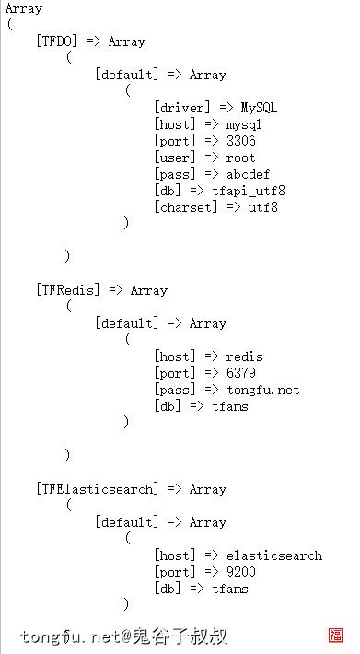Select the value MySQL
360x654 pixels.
pyautogui.click(x=259, y=108)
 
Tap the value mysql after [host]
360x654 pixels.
pyautogui.click(x=244, y=124)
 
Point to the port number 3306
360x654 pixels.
pyautogui.click(x=240, y=141)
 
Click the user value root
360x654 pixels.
pyautogui.click(x=240, y=158)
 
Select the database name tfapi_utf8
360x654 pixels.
pyautogui.click(x=249, y=191)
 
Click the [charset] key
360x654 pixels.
pyautogui.click(x=184, y=207)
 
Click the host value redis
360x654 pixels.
pyautogui.click(x=244, y=356)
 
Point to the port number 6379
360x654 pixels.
pyautogui.click(x=240, y=373)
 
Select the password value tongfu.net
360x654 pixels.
pyautogui.click(x=262, y=390)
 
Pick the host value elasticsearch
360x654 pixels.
pyautogui.click(x=273, y=555)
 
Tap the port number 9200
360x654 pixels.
pyautogui.click(x=240, y=572)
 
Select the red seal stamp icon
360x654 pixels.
pyautogui.click(x=336, y=636)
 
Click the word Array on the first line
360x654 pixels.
pyautogui.click(x=23, y=8)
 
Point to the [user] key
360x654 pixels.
pyautogui.click(x=173, y=158)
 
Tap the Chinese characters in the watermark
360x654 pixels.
pyautogui.click(x=180, y=636)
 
